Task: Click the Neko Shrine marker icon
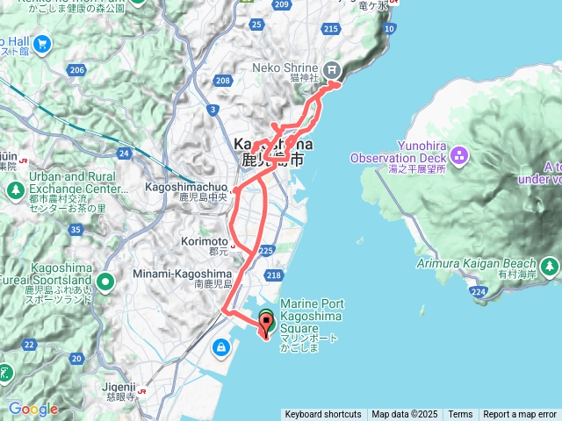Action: click(332, 69)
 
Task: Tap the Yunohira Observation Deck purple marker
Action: click(461, 154)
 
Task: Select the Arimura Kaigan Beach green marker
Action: click(550, 265)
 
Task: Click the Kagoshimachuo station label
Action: click(188, 187)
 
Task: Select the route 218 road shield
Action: click(273, 276)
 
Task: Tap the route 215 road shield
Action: click(330, 30)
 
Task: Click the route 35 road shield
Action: click(76, 230)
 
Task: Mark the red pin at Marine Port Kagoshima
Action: click(267, 329)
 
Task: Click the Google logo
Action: click(32, 409)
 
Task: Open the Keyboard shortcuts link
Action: click(322, 415)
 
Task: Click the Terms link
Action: click(460, 415)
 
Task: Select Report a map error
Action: click(520, 415)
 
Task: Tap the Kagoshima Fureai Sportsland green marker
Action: click(105, 282)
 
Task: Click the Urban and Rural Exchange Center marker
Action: click(14, 189)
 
